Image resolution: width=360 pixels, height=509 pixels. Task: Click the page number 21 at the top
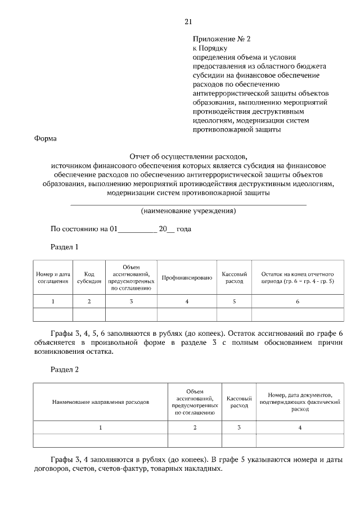188,22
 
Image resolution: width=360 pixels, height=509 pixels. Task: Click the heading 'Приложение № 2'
220,39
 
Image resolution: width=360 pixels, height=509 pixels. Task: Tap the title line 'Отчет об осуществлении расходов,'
188,157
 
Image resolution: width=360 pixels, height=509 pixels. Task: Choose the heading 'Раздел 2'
65,370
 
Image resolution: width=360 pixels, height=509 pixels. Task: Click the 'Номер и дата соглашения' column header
53,277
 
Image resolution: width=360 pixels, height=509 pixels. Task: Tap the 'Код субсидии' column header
89,277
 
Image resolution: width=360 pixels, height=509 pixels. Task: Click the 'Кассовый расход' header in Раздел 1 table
234,277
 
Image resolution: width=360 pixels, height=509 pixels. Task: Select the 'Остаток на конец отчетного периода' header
298,277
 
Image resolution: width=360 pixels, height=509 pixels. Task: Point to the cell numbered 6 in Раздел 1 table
298,301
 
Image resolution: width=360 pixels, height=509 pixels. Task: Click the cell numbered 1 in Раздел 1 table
53,301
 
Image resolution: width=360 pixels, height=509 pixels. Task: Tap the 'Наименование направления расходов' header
101,403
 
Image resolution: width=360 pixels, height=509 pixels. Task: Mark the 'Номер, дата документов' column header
300,402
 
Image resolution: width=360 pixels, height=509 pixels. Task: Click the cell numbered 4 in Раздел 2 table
300,427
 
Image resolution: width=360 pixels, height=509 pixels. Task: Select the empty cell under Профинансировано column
187,314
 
